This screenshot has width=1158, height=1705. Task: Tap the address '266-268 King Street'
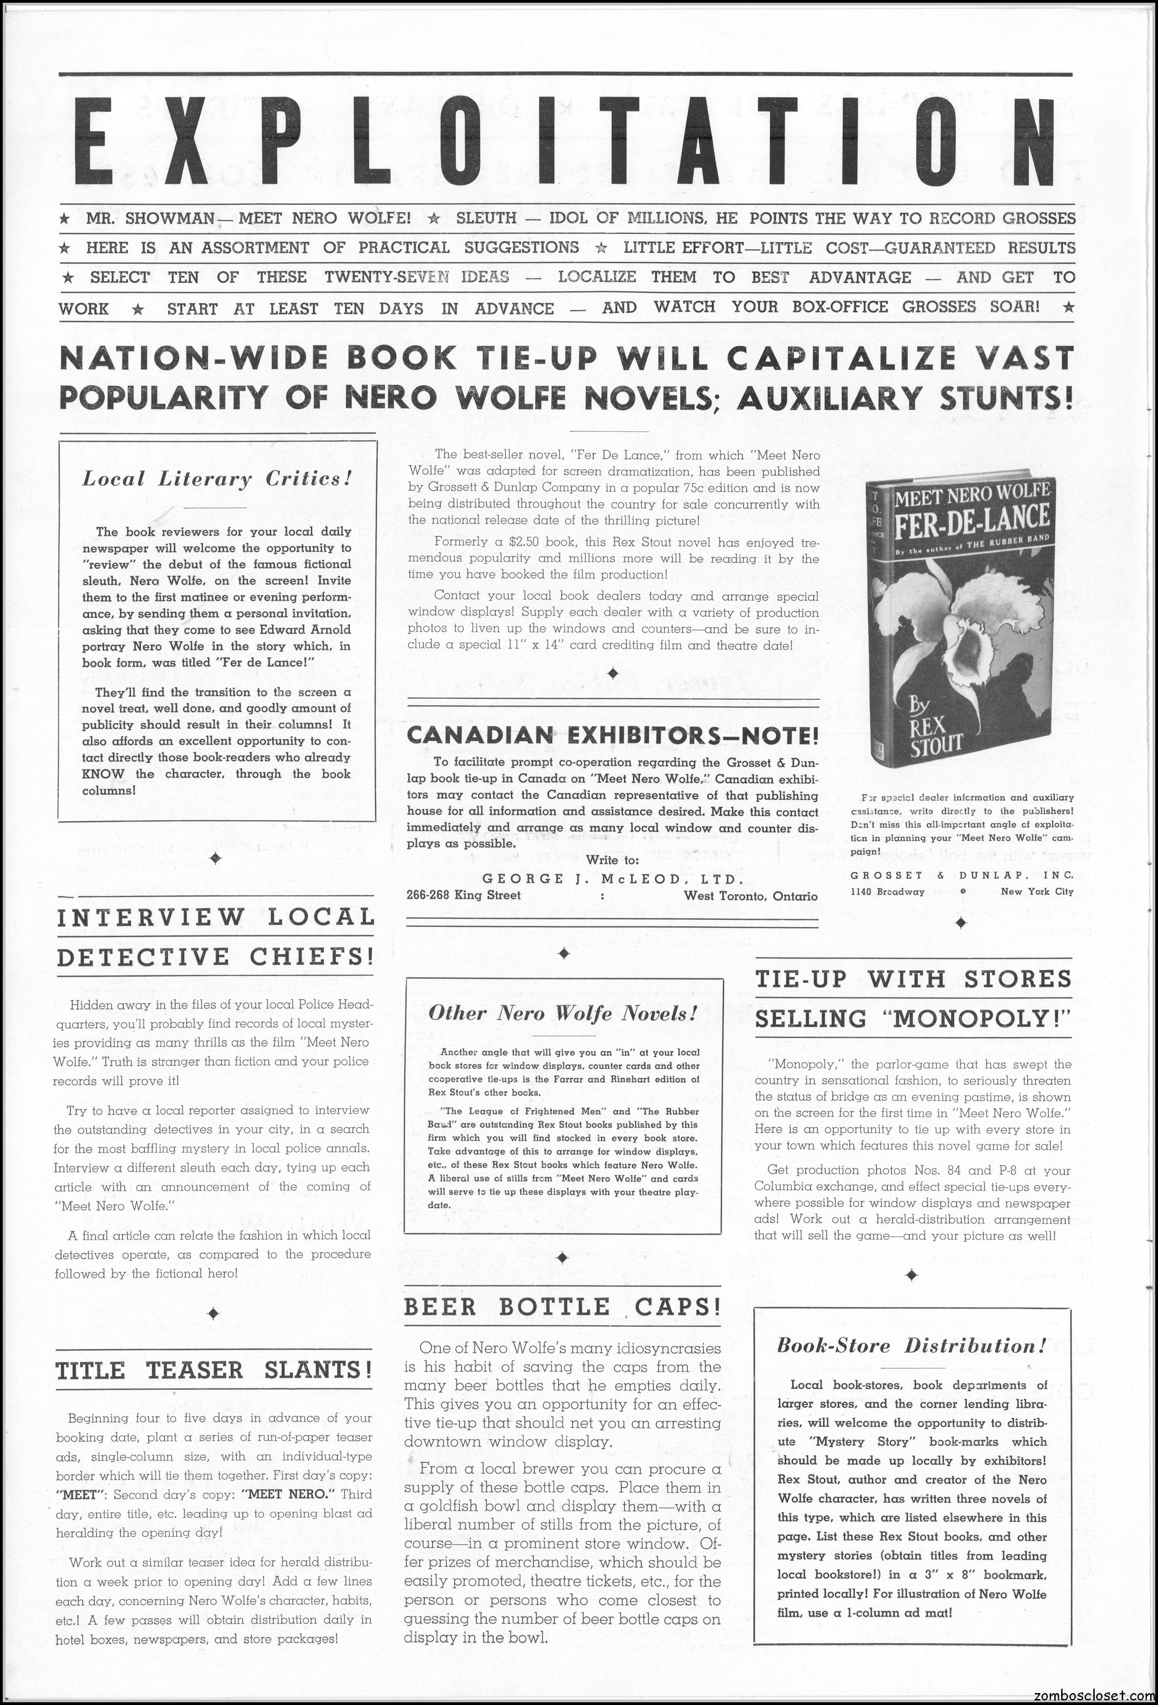(464, 895)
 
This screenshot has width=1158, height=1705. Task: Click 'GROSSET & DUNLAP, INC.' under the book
(961, 875)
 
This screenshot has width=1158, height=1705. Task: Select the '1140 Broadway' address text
(888, 891)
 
